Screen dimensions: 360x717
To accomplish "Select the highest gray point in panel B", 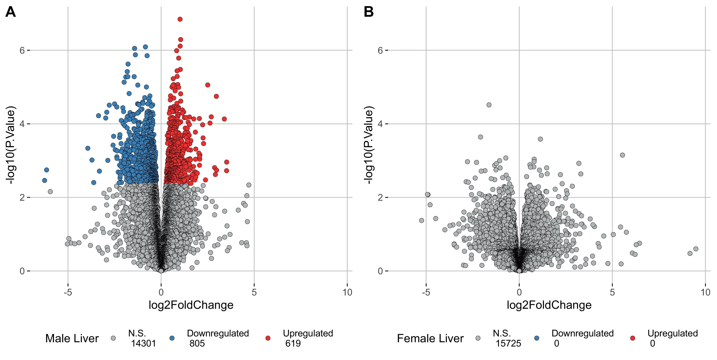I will pos(489,105).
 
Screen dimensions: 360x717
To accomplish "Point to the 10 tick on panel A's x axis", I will pos(347,292).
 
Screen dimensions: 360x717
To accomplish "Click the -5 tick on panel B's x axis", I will pos(426,292).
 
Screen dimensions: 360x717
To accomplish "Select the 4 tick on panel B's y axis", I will pos(380,124).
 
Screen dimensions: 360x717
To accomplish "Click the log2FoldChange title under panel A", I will pos(191,305).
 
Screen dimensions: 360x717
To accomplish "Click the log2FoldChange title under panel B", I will pos(549,305).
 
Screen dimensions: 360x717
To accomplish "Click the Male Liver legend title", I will pos(72,338).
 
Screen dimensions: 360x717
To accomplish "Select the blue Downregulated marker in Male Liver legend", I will pos(172,338).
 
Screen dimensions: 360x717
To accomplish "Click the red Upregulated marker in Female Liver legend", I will pos(633,338).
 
